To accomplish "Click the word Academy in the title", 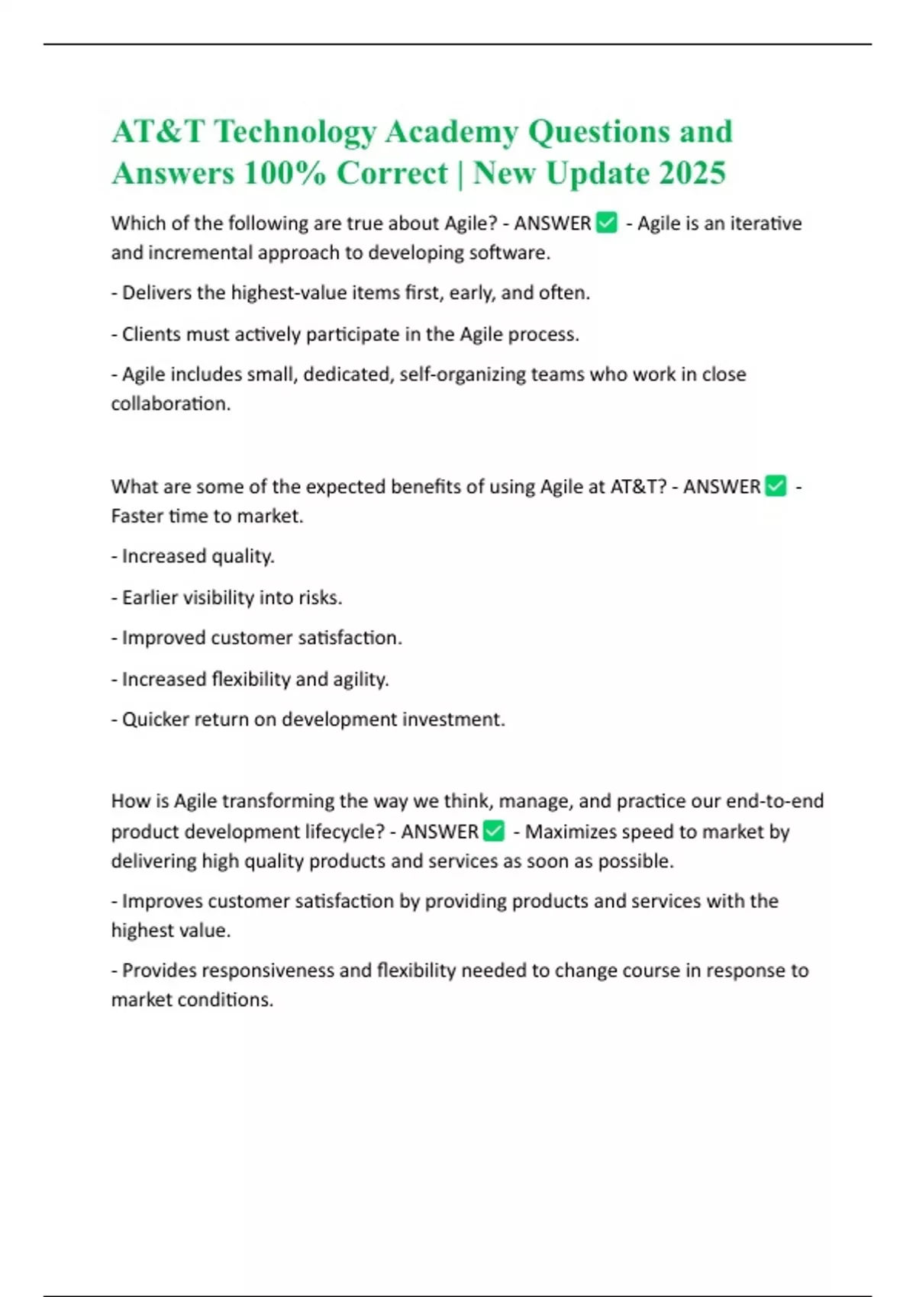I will [450, 132].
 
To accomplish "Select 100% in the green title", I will [285, 173].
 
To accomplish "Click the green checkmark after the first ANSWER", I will [607, 223].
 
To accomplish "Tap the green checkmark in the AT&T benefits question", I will [776, 486].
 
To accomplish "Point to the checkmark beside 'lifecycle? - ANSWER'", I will [494, 831].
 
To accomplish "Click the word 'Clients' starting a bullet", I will [148, 334].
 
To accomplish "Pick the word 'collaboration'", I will [169, 404].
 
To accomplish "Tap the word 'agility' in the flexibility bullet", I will [360, 679].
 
